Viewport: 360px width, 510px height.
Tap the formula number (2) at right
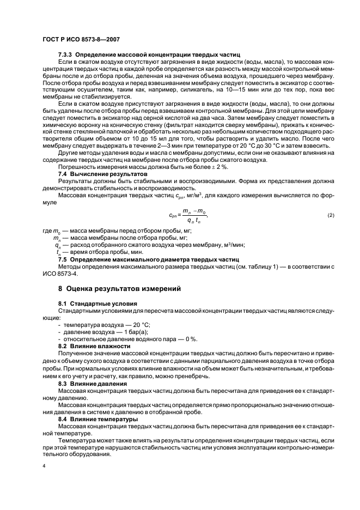tap(331, 216)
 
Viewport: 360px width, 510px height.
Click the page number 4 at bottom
tap(44, 466)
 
